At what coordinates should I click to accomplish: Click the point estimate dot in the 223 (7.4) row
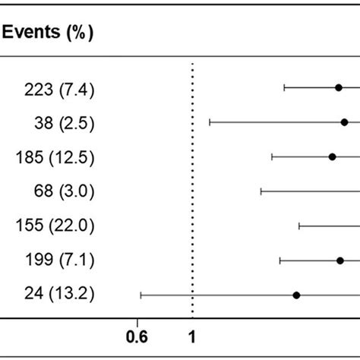pyautogui.click(x=339, y=87)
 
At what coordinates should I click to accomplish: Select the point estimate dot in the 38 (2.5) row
pyautogui.click(x=344, y=122)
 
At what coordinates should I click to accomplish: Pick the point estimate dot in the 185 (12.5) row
pyautogui.click(x=332, y=156)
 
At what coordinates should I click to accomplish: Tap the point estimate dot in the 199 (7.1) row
pyautogui.click(x=340, y=261)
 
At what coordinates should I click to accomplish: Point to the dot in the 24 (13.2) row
pyautogui.click(x=297, y=295)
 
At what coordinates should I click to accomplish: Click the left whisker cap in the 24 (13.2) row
pyautogui.click(x=141, y=295)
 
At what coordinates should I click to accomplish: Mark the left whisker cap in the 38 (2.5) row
pyautogui.click(x=210, y=122)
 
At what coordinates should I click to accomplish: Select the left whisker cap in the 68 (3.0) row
pyautogui.click(x=261, y=191)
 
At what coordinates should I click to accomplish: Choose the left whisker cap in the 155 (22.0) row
pyautogui.click(x=299, y=226)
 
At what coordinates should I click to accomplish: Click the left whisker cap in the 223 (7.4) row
pyautogui.click(x=284, y=87)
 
